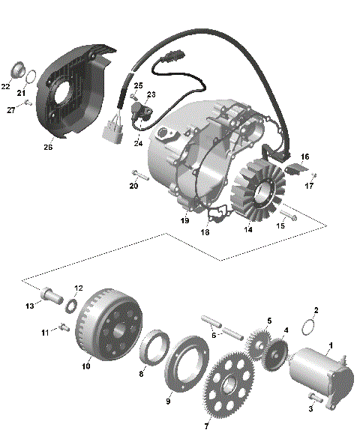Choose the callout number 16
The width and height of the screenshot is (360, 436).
pyautogui.click(x=304, y=156)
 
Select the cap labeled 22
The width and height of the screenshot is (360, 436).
pyautogui.click(x=11, y=72)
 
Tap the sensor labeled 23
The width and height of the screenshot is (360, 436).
pyautogui.click(x=140, y=112)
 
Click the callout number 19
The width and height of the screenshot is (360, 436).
pyautogui.click(x=183, y=221)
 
